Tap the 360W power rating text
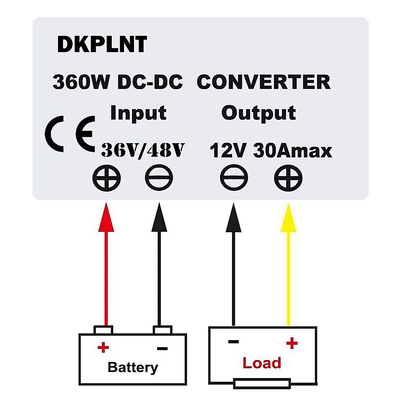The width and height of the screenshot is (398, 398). point(81,82)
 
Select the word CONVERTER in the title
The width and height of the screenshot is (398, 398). point(263,82)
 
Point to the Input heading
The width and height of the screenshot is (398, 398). point(138,113)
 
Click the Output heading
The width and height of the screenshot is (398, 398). point(258,113)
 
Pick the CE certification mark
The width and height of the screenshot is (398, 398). point(70,134)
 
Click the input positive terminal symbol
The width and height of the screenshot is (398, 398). point(106,178)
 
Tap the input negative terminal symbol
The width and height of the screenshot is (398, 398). point(159,178)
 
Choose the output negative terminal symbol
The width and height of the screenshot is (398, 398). point(234,178)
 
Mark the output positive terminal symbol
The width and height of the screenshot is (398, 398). point(288,178)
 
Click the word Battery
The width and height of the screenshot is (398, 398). point(133,367)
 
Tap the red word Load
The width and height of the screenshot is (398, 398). point(262,363)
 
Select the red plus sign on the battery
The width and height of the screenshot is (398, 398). point(103,348)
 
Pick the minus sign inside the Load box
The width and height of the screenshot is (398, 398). point(233,342)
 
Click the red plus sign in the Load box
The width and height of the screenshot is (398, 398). point(292,343)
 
